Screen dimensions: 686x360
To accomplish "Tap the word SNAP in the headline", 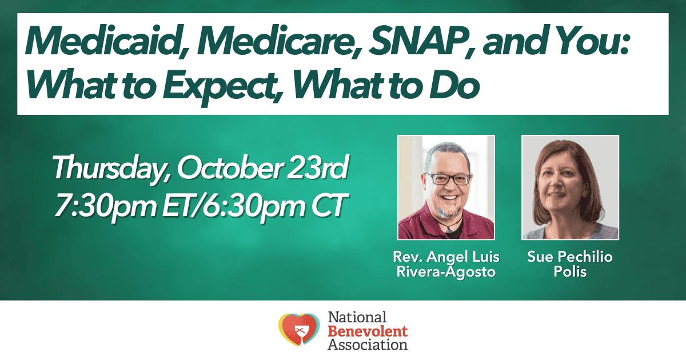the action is point(422,41).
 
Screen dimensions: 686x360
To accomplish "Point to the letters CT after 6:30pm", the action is point(329,205).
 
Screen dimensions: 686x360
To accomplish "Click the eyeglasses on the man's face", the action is point(449,179).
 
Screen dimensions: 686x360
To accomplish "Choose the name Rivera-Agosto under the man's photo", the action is point(446,272).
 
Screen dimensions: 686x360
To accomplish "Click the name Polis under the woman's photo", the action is point(570,272).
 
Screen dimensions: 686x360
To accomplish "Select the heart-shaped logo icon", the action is point(299,329).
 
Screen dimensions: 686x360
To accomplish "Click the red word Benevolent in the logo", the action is point(368,331).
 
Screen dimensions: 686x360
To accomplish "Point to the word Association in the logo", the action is point(368,345).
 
